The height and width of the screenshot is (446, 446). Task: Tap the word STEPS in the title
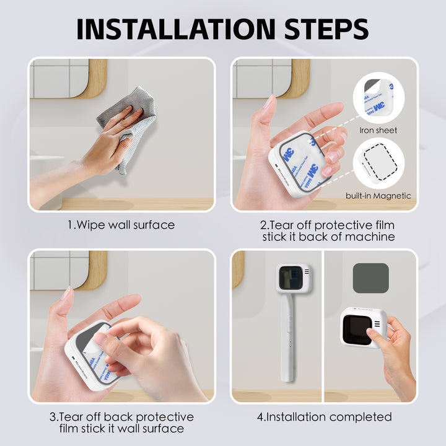point(320,29)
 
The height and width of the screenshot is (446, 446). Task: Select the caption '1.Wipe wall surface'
point(121,225)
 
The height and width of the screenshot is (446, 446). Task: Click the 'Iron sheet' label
point(378,130)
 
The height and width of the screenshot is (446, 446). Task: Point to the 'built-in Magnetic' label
point(378,196)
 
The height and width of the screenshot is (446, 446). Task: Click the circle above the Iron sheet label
point(378,98)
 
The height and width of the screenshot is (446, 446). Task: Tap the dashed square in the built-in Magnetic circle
point(378,165)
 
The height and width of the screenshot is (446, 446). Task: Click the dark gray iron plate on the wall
point(370,278)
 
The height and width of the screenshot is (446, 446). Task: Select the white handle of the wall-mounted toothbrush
point(286,334)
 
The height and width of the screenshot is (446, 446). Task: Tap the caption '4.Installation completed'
point(324,417)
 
